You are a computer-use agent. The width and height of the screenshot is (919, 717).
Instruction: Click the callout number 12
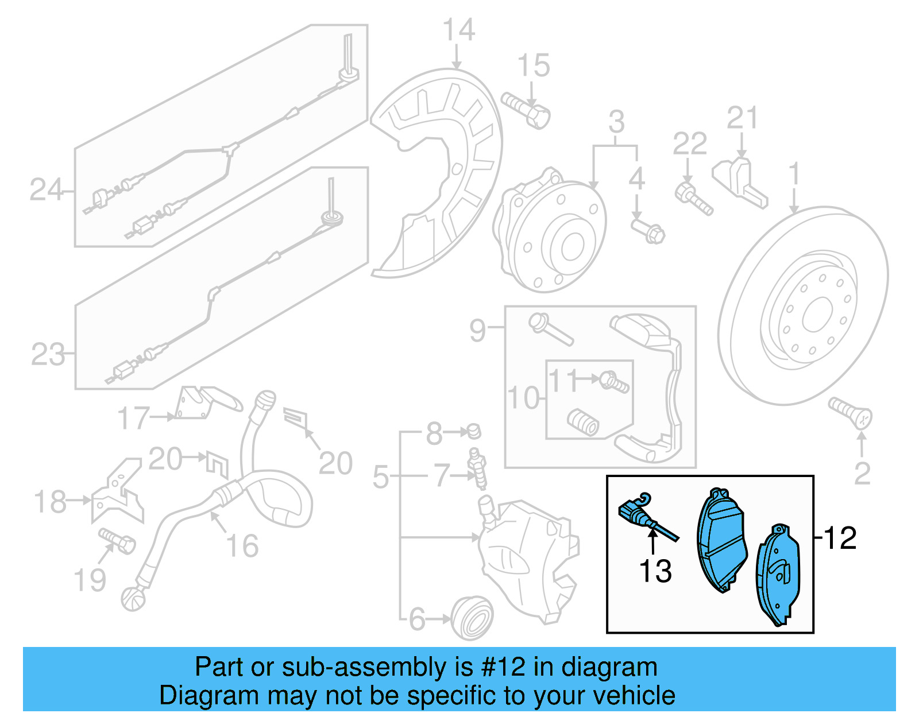[x=840, y=538]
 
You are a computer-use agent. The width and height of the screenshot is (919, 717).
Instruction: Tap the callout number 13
[x=655, y=571]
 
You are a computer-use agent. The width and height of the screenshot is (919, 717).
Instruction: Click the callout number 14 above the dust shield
[x=458, y=30]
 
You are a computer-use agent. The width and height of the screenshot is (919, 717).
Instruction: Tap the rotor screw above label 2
[x=850, y=414]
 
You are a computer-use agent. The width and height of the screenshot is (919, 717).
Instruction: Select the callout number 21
[x=742, y=118]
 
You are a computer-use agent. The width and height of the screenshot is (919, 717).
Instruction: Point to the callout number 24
[x=46, y=190]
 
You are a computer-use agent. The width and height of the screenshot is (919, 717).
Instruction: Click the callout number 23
[x=48, y=354]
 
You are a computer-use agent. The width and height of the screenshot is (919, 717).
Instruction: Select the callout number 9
[x=477, y=330]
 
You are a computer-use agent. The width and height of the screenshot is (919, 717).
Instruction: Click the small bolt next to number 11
[x=615, y=381]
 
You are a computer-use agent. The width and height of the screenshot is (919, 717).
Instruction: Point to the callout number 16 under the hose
[x=242, y=545]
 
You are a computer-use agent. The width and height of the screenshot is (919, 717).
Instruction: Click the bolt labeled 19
[x=118, y=540]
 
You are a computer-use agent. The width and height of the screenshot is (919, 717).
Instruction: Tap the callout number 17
[x=133, y=418]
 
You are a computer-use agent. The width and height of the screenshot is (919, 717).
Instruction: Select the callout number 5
[x=380, y=476]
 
